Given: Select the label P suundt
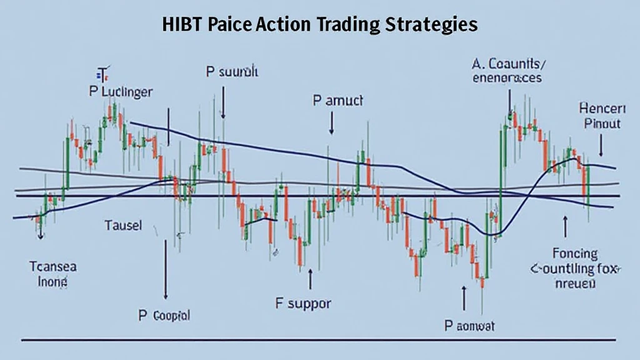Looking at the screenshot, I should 232,72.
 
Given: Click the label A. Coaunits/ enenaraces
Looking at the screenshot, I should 508,71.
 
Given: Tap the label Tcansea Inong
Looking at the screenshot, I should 52,274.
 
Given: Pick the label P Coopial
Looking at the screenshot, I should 165,316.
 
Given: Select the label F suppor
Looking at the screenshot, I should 303,304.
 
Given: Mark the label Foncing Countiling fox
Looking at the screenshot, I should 572,268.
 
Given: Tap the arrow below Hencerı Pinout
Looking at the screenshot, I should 601,146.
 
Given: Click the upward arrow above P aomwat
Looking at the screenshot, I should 464,299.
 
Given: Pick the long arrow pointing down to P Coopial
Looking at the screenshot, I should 166,269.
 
